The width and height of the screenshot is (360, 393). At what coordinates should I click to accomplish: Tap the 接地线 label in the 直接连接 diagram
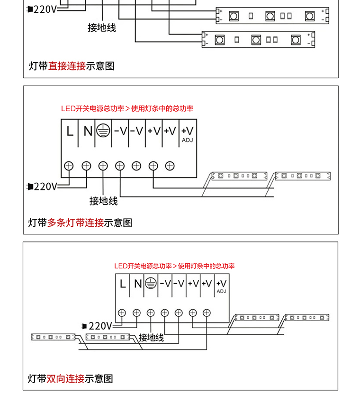pos(101,27)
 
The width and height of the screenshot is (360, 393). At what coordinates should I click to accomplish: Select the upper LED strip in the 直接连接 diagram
pos(272,16)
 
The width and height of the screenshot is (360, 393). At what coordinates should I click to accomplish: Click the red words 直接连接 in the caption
pos(67,66)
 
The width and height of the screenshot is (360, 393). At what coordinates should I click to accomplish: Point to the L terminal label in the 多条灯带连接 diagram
pos(70,131)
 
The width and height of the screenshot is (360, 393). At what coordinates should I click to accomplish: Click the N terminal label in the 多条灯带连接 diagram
pos(88,131)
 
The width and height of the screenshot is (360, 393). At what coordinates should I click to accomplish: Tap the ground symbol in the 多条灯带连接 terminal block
pos(103,131)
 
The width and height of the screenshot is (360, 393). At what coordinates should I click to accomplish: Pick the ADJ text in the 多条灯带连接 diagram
pos(187,140)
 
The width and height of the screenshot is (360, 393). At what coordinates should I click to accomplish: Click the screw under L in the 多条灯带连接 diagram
pos(69,166)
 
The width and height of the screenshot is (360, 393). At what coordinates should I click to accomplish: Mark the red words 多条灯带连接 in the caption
pos(75,223)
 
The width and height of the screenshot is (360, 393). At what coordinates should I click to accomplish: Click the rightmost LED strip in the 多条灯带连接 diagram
pos(303,176)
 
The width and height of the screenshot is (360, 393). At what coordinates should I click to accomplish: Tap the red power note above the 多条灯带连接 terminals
pos(127,108)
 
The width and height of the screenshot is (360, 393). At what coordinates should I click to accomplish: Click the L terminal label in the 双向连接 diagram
pos(123,284)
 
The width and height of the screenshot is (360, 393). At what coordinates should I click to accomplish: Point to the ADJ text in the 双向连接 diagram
pos(221,291)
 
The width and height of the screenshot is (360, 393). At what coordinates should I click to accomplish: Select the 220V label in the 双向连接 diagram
pos(100,326)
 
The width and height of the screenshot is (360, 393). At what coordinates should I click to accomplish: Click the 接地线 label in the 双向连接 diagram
pos(151,338)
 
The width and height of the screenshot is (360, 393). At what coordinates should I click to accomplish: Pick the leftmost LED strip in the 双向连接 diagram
pos(54,337)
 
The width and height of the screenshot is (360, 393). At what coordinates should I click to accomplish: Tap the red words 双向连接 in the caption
pos(66,379)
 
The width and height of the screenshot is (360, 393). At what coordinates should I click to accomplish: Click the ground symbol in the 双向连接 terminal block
pos(151,284)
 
